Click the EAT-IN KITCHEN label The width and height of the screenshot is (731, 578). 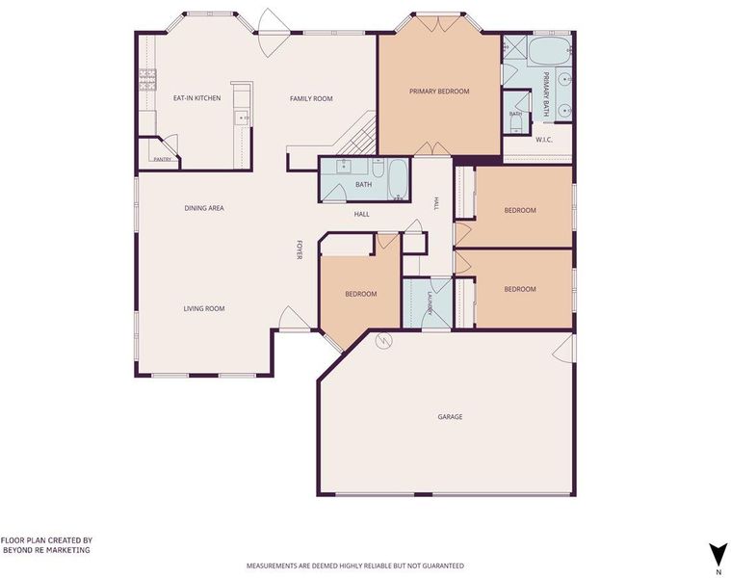coord(196,98)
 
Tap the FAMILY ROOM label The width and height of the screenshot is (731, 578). coord(311,99)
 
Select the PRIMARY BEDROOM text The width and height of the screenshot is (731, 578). coord(439,92)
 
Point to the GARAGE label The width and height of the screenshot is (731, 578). coord(450,417)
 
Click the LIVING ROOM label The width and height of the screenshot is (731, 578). coord(204,308)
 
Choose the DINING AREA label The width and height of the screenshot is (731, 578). coord(204,208)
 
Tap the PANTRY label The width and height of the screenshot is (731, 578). coord(162,159)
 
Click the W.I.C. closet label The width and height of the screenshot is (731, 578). coord(544,140)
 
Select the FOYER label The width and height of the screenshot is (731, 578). coord(300,250)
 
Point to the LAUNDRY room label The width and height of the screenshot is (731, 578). coord(431,303)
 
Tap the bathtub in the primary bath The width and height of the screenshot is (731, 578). coord(549,50)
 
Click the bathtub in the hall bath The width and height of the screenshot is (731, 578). coord(398,179)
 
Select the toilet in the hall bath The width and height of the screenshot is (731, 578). coord(378,167)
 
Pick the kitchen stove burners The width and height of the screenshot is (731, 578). coord(148,79)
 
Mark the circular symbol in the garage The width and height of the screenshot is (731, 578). coord(383,342)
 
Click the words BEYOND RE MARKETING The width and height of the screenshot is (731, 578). coord(46,550)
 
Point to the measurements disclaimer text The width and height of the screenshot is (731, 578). coord(355,565)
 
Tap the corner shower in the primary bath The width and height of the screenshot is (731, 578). coord(514,45)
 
